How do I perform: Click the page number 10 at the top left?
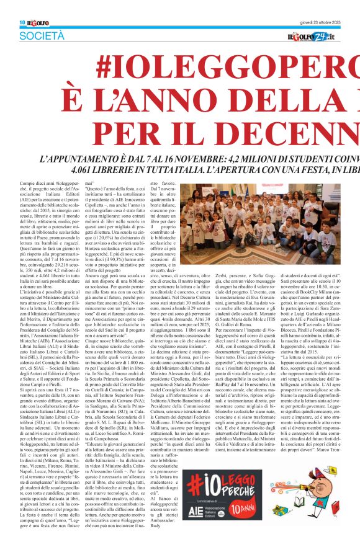pos(22,22)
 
